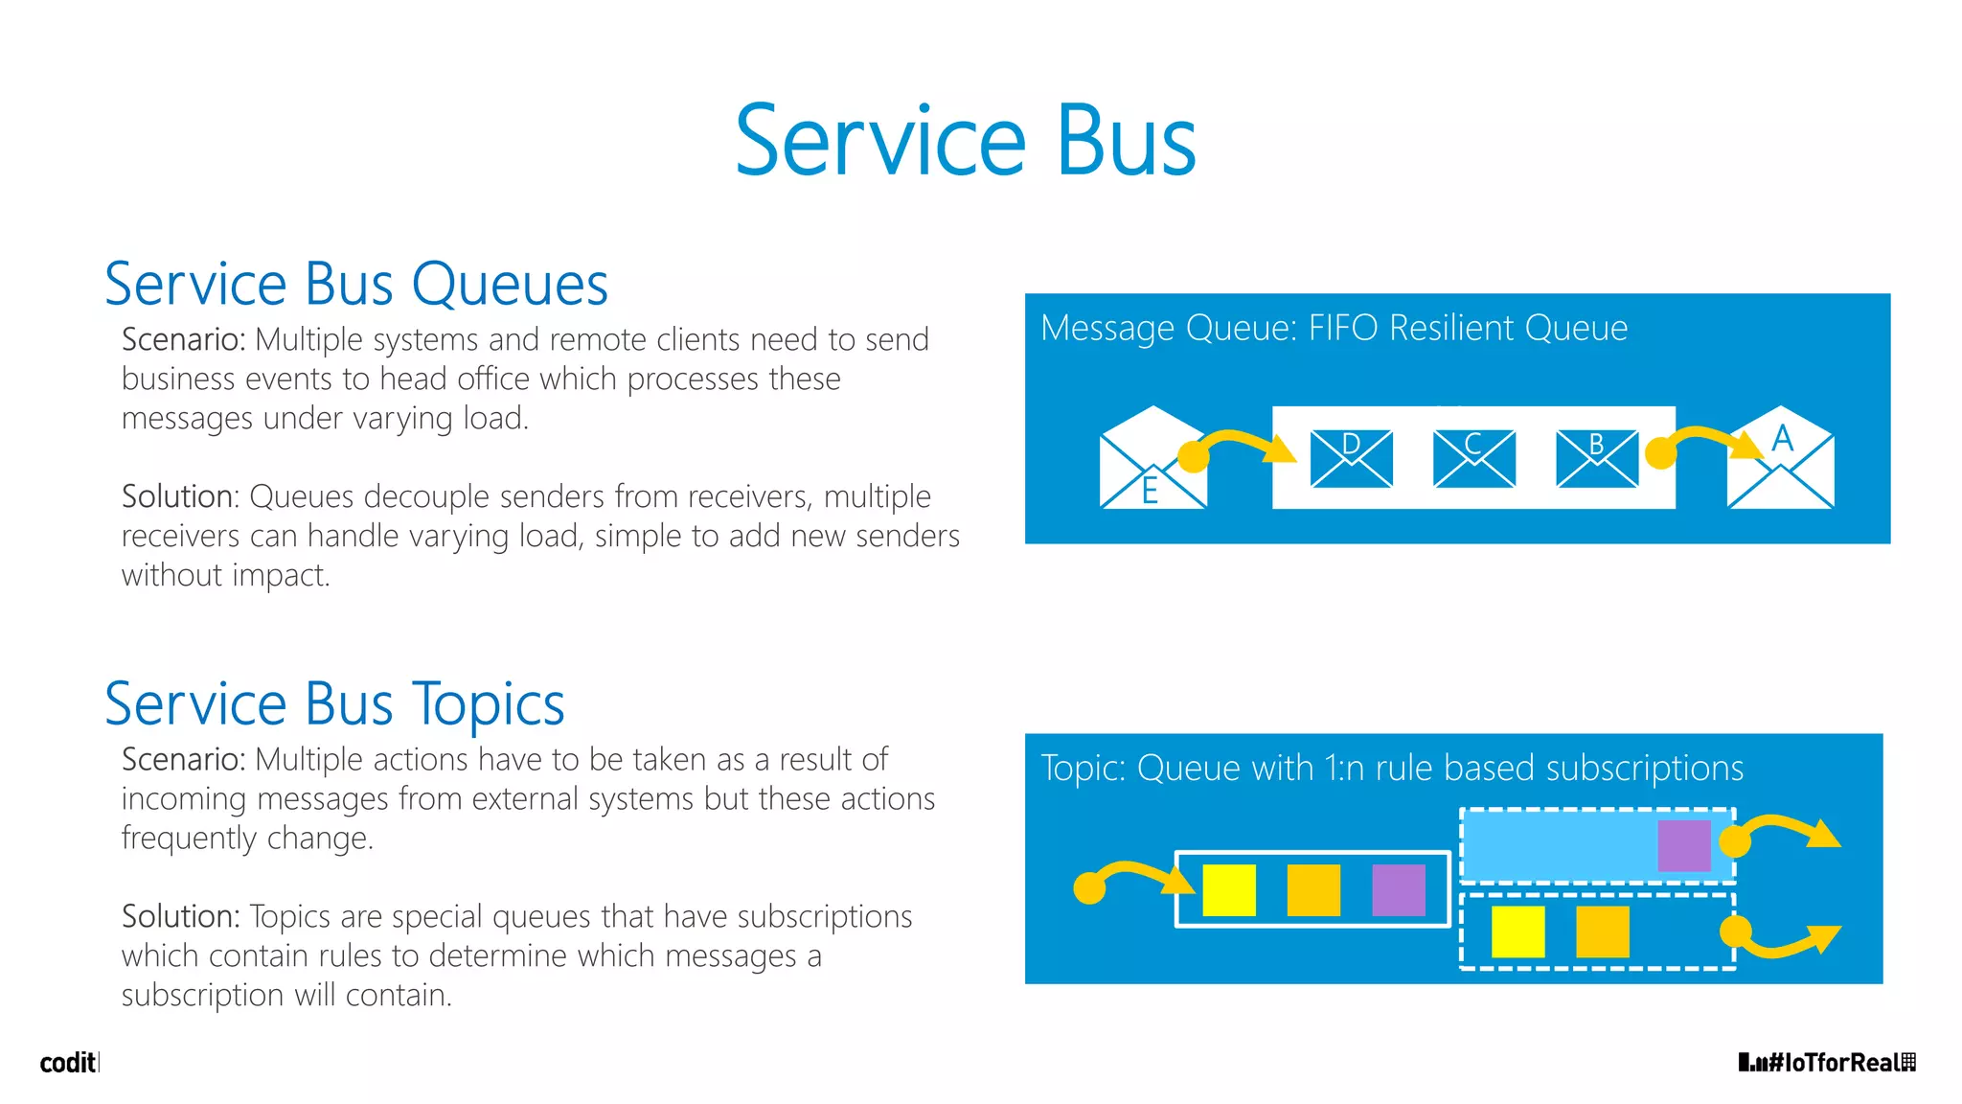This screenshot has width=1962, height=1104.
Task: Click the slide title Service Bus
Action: (x=966, y=142)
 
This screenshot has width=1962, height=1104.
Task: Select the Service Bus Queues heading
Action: (x=355, y=285)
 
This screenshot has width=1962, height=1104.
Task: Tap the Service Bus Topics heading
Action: (x=334, y=704)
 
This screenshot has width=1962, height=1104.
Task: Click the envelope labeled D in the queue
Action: (x=1351, y=458)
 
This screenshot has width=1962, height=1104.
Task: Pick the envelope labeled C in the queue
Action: (x=1473, y=458)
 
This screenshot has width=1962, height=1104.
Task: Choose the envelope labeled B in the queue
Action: (x=1597, y=458)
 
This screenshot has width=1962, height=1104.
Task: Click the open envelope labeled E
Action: (x=1152, y=460)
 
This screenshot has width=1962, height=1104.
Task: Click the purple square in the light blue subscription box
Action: (x=1683, y=845)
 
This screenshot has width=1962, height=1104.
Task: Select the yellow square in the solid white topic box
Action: (x=1229, y=890)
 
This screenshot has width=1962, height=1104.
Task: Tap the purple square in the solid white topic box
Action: (x=1399, y=890)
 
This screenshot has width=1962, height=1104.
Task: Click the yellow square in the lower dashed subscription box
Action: (x=1517, y=931)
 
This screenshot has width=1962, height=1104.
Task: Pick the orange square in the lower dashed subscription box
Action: (x=1602, y=931)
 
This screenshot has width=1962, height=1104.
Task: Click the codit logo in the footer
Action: (x=67, y=1063)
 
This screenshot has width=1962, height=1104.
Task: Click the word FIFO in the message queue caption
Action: (x=1344, y=329)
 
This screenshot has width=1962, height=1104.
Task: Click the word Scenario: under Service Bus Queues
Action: (x=183, y=340)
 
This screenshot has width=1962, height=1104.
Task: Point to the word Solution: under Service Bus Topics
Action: (x=180, y=917)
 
